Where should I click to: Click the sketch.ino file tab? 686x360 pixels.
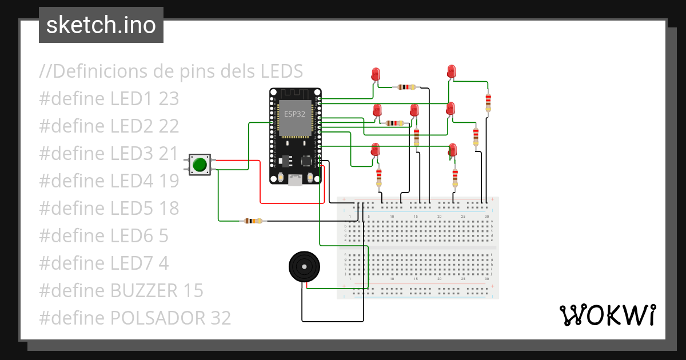pyautogui.click(x=101, y=25)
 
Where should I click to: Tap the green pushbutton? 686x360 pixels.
pyautogui.click(x=200, y=165)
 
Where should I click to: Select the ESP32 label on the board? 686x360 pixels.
pyautogui.click(x=295, y=114)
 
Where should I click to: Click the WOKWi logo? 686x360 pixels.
pyautogui.click(x=607, y=315)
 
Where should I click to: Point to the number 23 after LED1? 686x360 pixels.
pyautogui.click(x=169, y=99)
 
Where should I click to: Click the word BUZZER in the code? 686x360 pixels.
pyautogui.click(x=144, y=291)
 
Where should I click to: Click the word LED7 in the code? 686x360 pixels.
pyautogui.click(x=131, y=263)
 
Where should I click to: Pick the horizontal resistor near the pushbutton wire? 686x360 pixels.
pyautogui.click(x=252, y=221)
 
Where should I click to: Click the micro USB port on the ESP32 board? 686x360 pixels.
pyautogui.click(x=295, y=180)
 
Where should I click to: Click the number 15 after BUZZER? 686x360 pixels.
pyautogui.click(x=194, y=291)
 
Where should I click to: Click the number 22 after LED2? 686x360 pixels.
pyautogui.click(x=169, y=126)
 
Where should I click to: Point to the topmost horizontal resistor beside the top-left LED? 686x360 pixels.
pyautogui.click(x=406, y=87)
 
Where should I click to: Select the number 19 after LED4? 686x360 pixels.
pyautogui.click(x=169, y=181)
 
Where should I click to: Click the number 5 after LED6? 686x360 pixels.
pyautogui.click(x=163, y=236)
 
